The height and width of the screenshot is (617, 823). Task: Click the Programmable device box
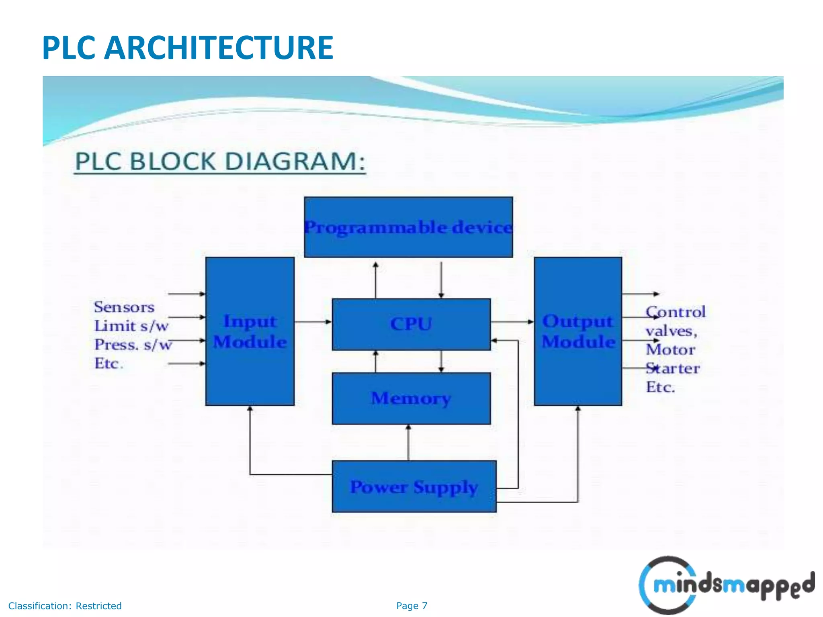click(408, 227)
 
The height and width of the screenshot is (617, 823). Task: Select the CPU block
click(411, 324)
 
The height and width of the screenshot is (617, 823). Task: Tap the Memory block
click(411, 398)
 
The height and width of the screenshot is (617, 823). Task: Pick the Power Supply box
click(414, 486)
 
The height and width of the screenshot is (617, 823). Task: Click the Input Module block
click(250, 331)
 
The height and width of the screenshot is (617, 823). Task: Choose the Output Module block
click(578, 331)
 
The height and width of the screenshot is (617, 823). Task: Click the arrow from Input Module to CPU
click(313, 322)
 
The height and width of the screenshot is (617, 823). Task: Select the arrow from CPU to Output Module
click(512, 322)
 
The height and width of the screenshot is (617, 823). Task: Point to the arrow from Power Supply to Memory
click(408, 442)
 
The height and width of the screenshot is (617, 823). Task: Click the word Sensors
click(124, 307)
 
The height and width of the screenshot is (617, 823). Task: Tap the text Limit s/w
click(131, 326)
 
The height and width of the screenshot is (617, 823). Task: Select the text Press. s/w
click(133, 345)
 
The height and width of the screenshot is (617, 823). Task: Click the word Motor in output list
click(670, 349)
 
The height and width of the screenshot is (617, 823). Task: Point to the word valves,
click(671, 331)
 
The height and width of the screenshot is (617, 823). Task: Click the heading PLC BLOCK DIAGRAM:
click(220, 161)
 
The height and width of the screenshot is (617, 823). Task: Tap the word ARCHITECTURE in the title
click(219, 48)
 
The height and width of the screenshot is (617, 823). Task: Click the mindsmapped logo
click(727, 584)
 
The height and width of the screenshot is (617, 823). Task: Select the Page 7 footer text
click(411, 606)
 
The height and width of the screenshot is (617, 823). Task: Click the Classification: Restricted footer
click(65, 606)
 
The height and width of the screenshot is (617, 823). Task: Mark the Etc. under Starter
click(660, 387)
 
